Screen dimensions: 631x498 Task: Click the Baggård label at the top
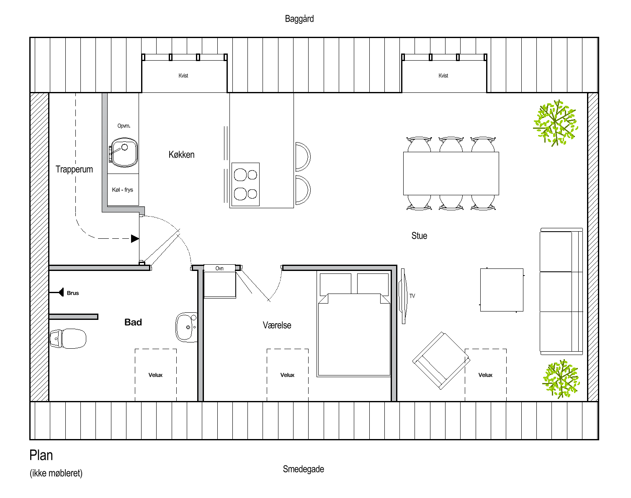299,19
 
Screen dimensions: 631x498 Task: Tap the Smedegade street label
304,469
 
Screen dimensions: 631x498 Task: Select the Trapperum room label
74,169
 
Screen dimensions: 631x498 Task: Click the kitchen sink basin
124,153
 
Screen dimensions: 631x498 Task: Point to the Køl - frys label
123,190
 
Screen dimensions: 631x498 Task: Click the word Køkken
181,155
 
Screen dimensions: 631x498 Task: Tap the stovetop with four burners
245,184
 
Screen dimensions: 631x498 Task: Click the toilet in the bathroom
68,338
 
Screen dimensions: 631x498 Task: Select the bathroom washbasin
186,327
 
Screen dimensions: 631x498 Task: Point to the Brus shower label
73,293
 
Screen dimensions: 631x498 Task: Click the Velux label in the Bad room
155,375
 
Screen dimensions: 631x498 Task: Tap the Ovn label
219,268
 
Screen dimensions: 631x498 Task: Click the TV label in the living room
412,296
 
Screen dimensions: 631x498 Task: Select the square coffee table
502,290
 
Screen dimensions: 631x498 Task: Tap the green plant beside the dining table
555,123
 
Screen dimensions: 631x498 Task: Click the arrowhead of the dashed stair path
135,239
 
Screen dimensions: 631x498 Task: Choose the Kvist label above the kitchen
183,76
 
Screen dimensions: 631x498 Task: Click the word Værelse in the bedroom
277,325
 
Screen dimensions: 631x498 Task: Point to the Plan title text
41,455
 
